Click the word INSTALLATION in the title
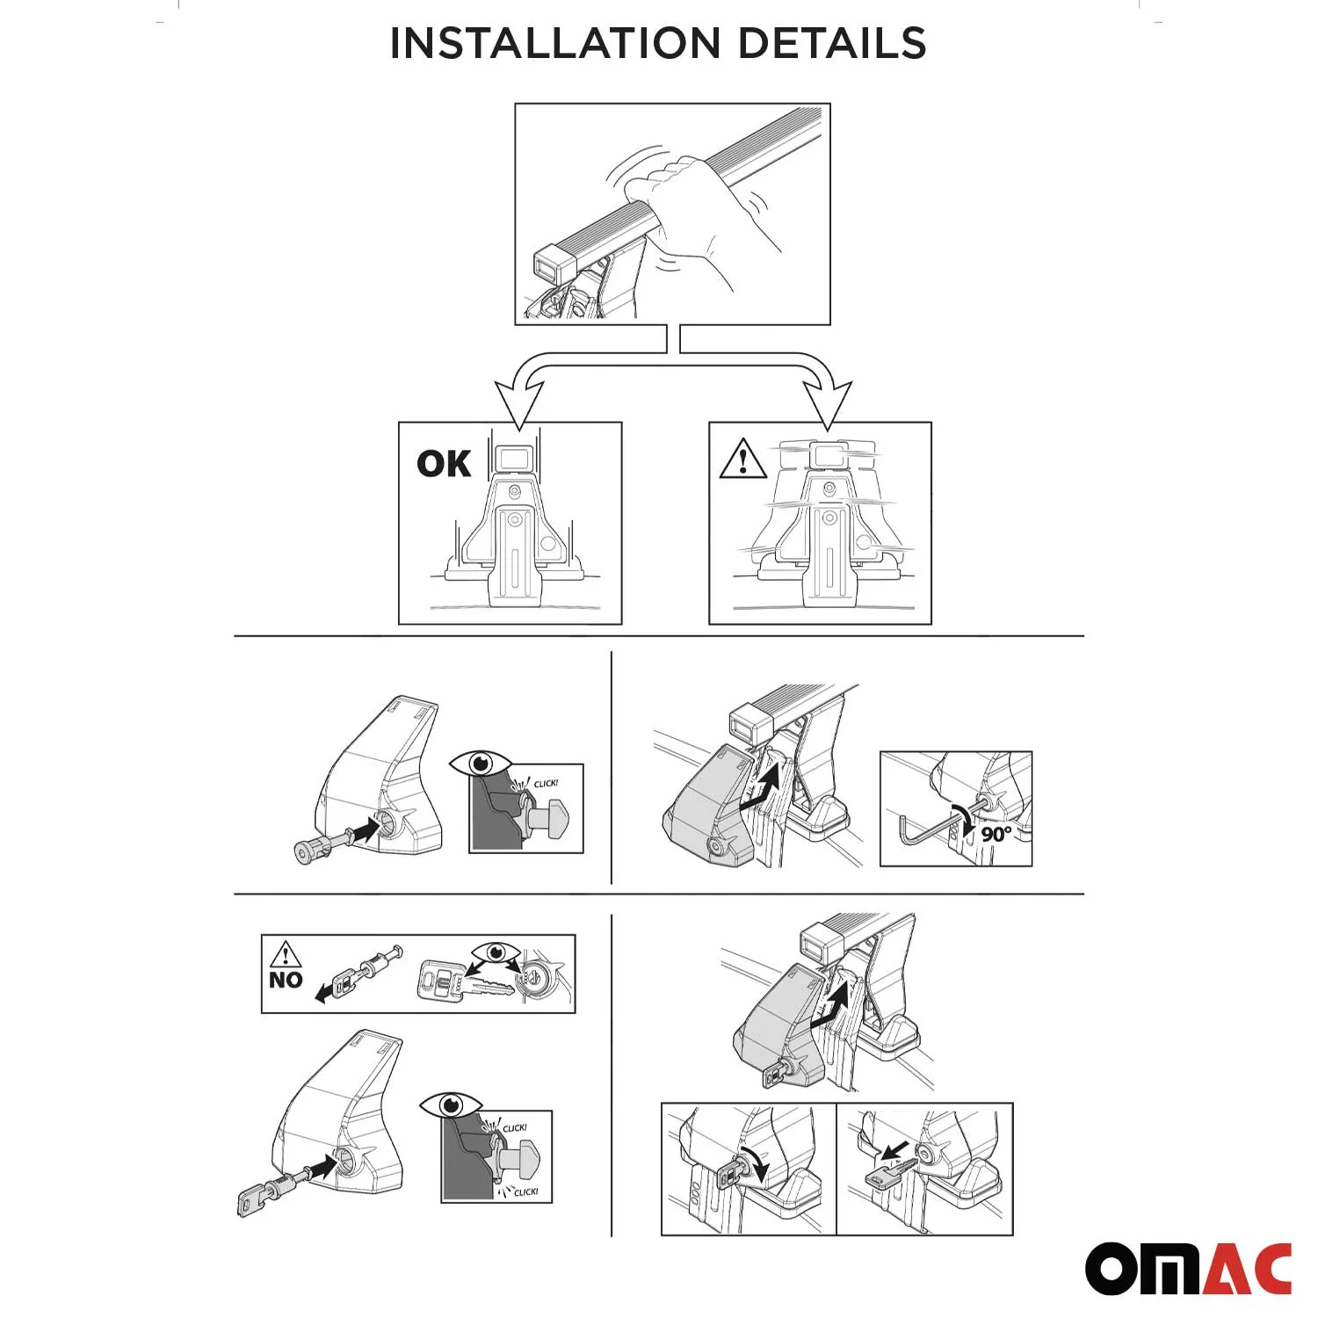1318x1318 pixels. coord(554,43)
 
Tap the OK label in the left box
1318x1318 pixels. coord(443,463)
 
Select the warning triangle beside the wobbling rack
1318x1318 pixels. coord(742,460)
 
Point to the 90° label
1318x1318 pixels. coord(996,833)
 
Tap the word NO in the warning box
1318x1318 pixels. coord(286,980)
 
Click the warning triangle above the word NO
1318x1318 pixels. coord(286,954)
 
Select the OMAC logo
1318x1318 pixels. coord(1188,1268)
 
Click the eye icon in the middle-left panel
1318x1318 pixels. coord(480,763)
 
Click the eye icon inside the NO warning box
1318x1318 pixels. coord(495,952)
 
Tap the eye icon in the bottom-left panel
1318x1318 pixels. coord(450,1104)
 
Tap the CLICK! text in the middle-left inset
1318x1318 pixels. coord(546,783)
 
